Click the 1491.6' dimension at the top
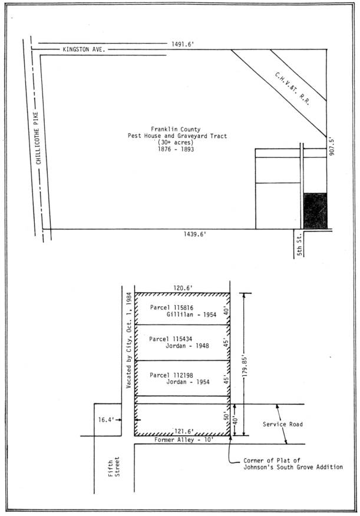182,44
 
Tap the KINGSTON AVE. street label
84,49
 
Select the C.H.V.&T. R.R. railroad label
292,88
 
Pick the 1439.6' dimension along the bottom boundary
195,234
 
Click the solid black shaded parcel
315,211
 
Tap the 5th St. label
299,244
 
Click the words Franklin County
176,129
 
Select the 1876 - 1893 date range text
176,149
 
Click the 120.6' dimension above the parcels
183,288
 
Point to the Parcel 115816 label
171,307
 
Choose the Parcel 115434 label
170,339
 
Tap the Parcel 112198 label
171,375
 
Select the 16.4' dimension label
105,420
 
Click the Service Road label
283,424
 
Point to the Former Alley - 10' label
184,439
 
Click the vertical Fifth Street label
114,467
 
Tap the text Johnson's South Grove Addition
293,467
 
